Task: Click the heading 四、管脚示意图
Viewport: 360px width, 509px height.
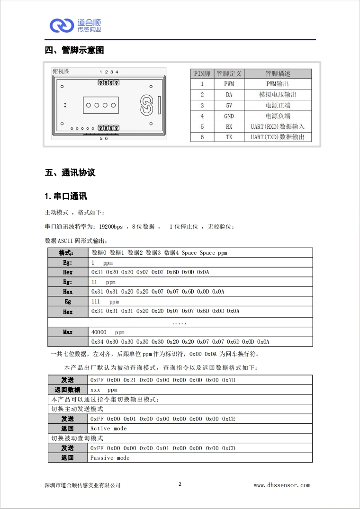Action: pos(74,51)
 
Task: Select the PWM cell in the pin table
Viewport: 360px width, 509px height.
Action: pos(229,84)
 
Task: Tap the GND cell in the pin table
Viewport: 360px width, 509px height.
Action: pos(229,116)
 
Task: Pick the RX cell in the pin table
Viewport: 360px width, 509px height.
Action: pos(229,126)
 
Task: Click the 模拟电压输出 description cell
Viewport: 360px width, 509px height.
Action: pos(278,95)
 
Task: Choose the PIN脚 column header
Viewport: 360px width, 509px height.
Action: pos(202,73)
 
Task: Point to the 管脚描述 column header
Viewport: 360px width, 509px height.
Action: pos(278,73)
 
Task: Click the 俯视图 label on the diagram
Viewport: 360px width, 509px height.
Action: pos(61,71)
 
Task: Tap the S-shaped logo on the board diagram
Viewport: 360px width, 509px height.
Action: pos(146,105)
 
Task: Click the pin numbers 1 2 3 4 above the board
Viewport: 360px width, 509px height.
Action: pos(109,72)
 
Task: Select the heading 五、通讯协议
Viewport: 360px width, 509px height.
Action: pos(70,172)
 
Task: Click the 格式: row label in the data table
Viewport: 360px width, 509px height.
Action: pos(67,253)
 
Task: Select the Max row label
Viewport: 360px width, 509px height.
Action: pos(68,332)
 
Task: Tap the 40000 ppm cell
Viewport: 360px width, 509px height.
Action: pos(108,332)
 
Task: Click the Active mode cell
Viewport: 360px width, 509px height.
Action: pos(108,429)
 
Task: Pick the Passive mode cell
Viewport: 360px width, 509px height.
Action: pos(110,458)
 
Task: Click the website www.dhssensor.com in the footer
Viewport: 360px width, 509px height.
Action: pos(282,485)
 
